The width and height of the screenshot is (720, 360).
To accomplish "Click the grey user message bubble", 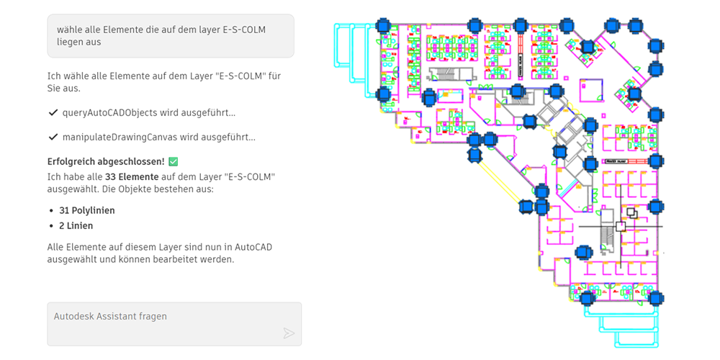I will tap(171, 35).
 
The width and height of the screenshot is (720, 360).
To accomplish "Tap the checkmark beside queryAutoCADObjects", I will tap(53, 113).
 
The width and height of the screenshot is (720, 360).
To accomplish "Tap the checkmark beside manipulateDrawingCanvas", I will tap(53, 137).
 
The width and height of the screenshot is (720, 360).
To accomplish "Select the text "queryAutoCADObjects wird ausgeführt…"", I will tap(149, 113).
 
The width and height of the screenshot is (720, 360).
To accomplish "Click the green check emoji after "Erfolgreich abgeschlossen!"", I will tap(173, 161).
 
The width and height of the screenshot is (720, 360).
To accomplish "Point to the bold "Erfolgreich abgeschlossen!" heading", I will tap(106, 161).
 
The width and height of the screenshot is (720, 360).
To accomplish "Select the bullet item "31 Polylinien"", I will tap(87, 211).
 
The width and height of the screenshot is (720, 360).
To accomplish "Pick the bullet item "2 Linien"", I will tap(76, 226).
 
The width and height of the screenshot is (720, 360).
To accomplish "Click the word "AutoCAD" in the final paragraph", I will tap(255, 247).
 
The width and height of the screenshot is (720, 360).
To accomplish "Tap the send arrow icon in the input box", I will tap(289, 333).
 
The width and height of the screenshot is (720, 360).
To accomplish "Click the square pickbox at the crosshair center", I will tap(621, 226).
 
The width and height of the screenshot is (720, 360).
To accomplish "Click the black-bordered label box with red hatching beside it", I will tap(618, 161).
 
